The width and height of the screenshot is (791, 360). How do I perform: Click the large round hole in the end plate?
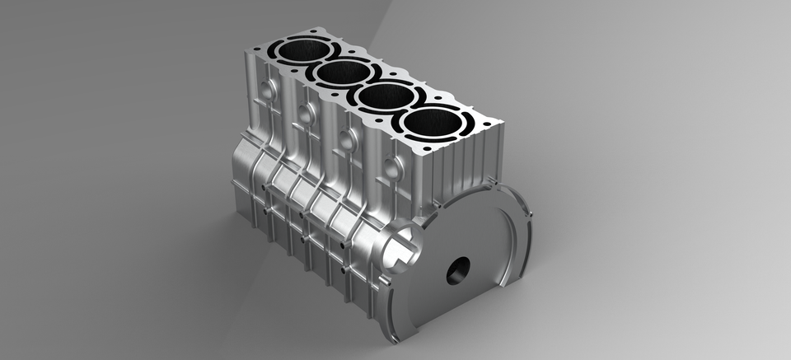(458, 269)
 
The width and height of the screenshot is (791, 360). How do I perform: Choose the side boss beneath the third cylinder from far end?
(349, 141)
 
